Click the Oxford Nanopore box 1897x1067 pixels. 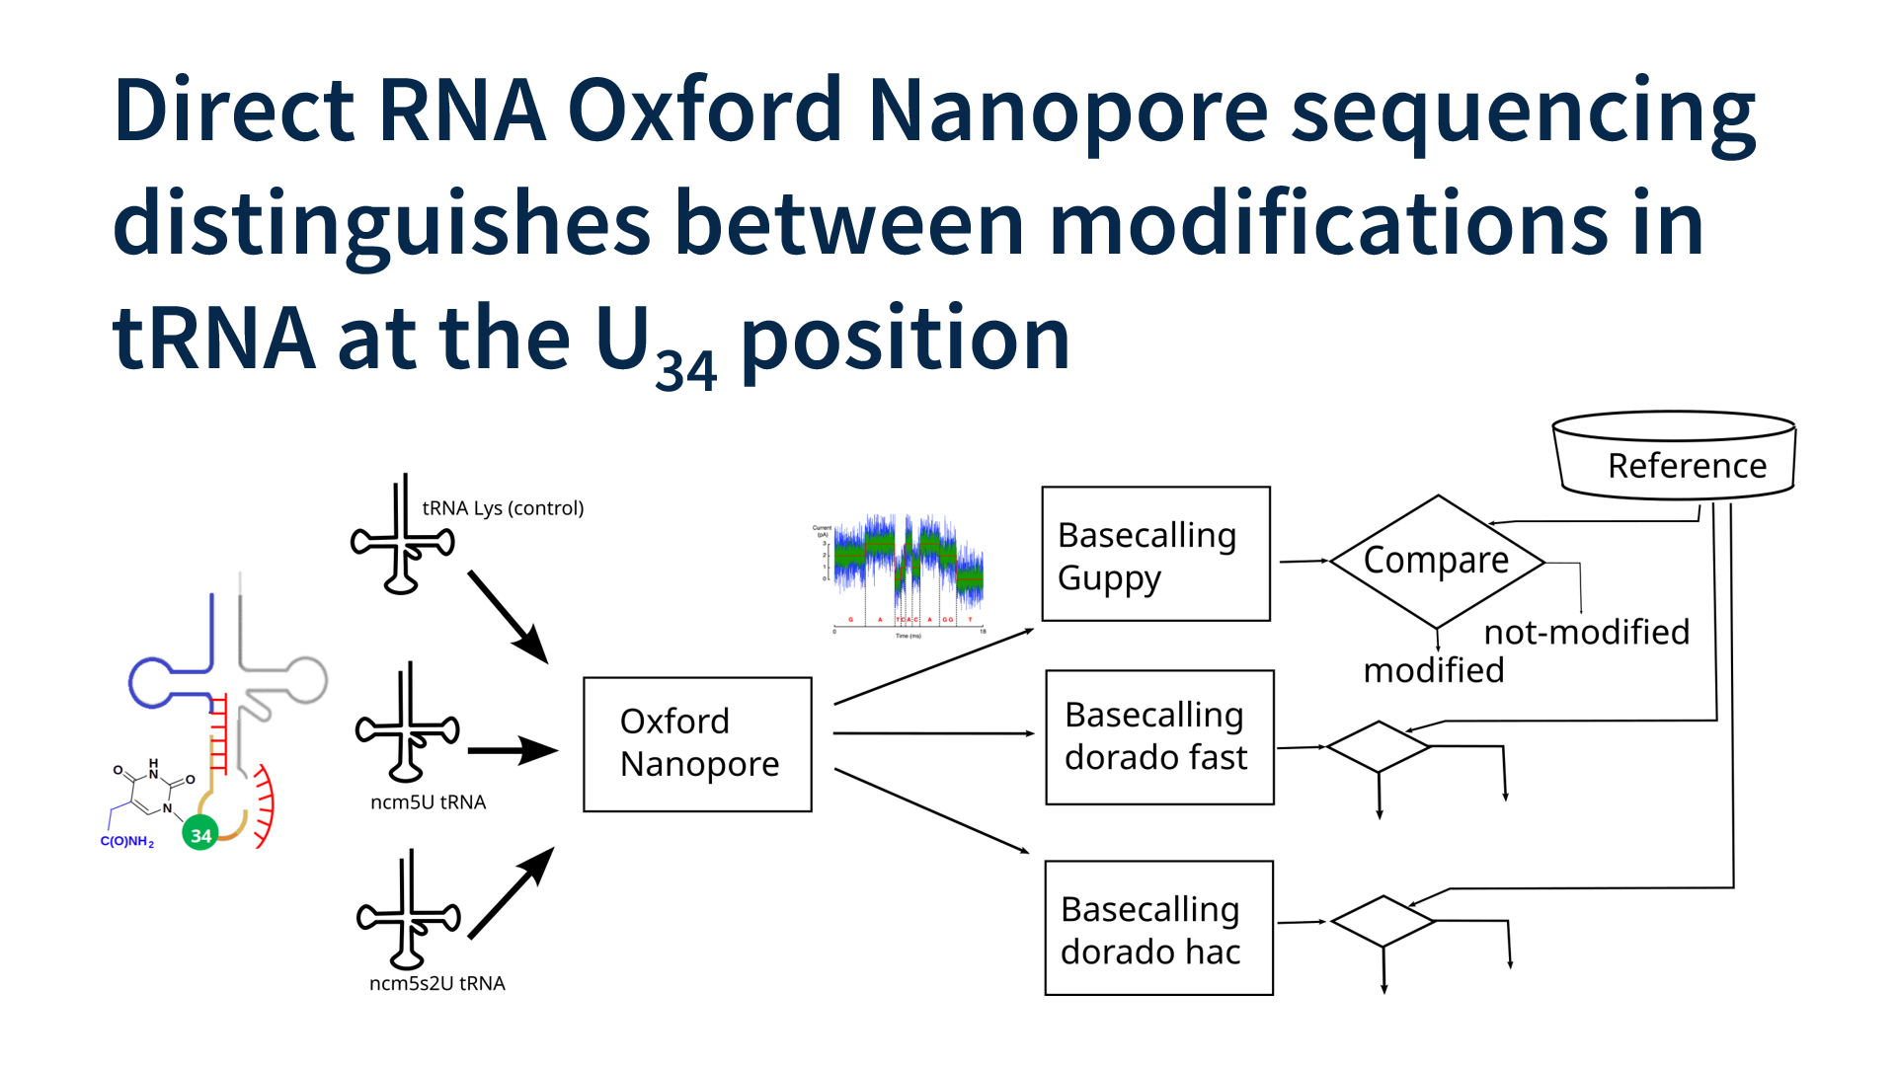(x=697, y=744)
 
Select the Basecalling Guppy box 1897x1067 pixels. (x=1155, y=554)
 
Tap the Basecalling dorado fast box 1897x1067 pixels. (x=1159, y=737)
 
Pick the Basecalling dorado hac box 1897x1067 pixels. (x=1158, y=928)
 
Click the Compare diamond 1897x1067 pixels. (x=1437, y=561)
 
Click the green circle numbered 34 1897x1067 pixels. (x=200, y=835)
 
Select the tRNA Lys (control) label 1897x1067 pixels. (x=503, y=508)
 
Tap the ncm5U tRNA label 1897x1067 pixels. (x=428, y=802)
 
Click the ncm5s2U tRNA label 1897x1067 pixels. (x=436, y=983)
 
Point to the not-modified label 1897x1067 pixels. (x=1586, y=632)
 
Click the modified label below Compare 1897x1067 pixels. (x=1433, y=670)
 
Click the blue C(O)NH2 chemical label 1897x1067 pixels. (x=127, y=842)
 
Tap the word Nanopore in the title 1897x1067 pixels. (x=1067, y=110)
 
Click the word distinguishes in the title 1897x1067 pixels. (x=381, y=224)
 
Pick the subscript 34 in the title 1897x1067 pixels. (x=685, y=371)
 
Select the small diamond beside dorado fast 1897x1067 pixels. (x=1379, y=746)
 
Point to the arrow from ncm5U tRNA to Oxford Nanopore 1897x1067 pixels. (x=512, y=751)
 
